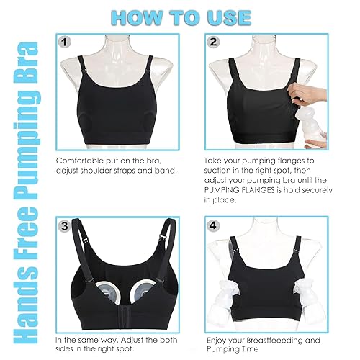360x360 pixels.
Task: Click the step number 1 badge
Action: point(66,42)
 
